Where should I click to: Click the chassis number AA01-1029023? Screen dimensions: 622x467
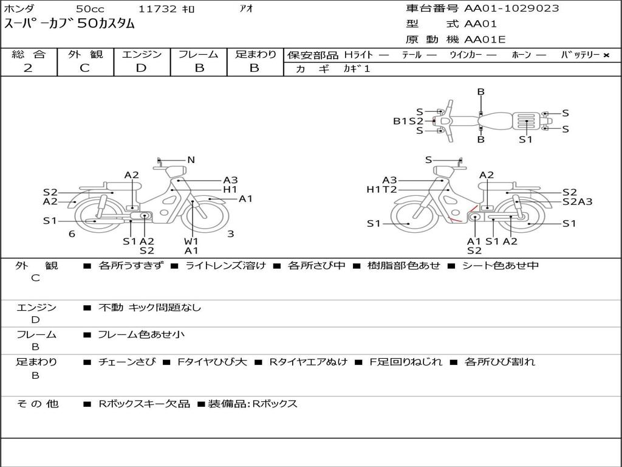[511, 9]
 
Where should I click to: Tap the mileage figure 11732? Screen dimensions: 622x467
[157, 9]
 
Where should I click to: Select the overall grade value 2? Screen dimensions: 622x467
[28, 68]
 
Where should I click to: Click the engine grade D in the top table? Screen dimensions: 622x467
[141, 68]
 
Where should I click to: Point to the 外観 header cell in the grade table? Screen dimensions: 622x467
[85, 54]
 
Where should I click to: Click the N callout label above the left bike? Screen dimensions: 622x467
[191, 160]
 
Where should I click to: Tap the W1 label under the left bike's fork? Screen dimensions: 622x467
[191, 241]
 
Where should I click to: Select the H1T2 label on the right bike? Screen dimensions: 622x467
[381, 190]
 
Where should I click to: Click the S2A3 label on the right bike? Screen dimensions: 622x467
[577, 202]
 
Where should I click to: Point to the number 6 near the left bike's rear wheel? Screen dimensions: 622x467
[72, 234]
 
